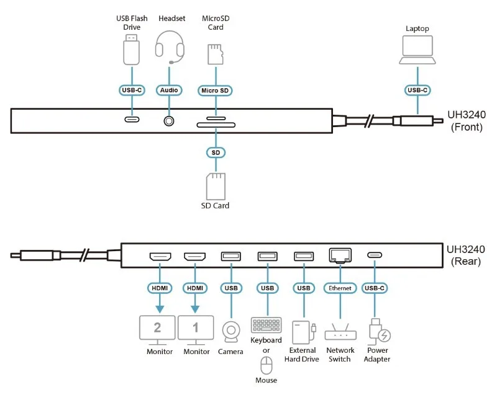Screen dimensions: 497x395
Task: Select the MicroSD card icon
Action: [x=216, y=54]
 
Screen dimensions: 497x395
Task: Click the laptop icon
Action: [x=417, y=50]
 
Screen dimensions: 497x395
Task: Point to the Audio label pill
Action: [x=169, y=90]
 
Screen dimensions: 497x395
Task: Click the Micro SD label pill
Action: [x=215, y=91]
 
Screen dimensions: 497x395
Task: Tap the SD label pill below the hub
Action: [x=216, y=153]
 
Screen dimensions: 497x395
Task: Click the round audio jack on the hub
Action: [x=169, y=121]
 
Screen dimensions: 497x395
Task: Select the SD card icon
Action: [x=216, y=186]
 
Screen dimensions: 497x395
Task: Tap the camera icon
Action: [x=230, y=332]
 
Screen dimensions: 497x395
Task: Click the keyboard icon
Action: [x=267, y=325]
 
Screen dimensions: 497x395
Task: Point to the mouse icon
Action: [x=267, y=365]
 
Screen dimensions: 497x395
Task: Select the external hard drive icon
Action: [x=304, y=332]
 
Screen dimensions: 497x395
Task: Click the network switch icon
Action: [x=340, y=332]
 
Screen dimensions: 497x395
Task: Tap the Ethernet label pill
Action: [x=340, y=288]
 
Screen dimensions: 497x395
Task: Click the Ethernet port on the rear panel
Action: [x=340, y=255]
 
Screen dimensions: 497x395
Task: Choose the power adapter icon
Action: [x=379, y=332]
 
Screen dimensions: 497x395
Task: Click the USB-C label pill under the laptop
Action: [x=417, y=90]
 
